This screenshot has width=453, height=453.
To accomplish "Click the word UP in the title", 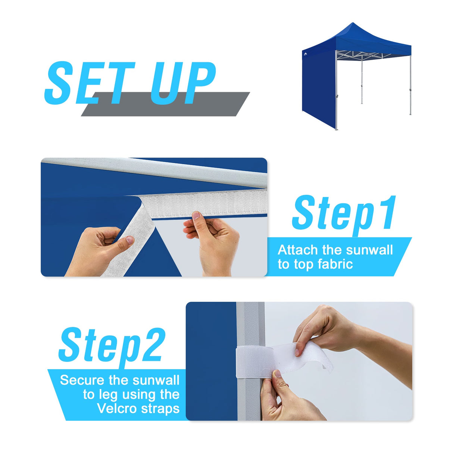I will click(183, 83).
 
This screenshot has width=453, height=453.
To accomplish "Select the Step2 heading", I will click(112, 345).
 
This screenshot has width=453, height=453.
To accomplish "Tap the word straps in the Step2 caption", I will click(160, 408).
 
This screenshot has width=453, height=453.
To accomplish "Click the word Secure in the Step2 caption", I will click(82, 380).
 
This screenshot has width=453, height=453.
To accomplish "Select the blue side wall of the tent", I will click(318, 90).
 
